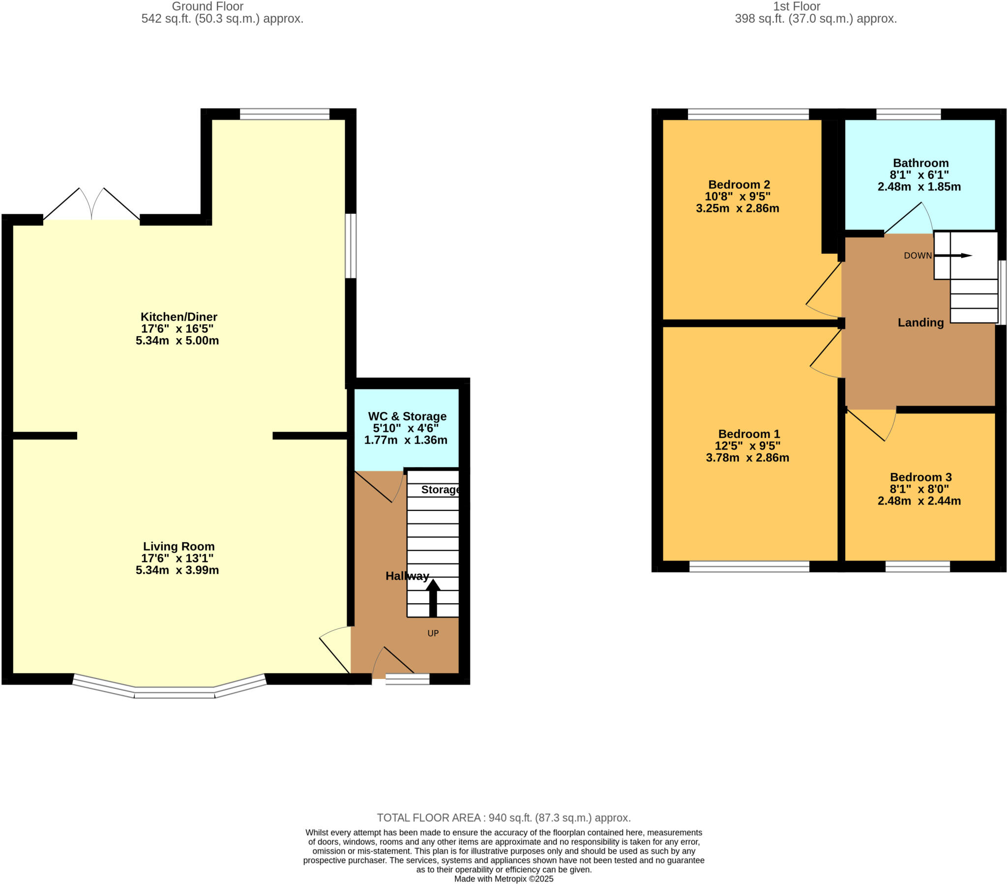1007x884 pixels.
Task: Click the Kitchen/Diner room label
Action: point(178,317)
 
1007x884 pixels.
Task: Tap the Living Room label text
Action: point(178,546)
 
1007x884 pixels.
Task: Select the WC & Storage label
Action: point(407,416)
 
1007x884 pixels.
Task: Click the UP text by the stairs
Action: point(433,634)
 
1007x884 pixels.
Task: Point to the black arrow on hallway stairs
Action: point(433,598)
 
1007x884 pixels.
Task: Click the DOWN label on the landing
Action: point(918,256)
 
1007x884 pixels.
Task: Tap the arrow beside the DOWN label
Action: point(953,256)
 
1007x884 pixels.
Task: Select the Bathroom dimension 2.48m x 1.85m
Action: point(919,187)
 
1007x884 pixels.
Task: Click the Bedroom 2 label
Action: point(739,185)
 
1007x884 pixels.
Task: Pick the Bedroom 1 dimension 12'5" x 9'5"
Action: point(747,446)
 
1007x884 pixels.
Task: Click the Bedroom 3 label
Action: point(920,477)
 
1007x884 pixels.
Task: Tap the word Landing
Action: point(920,323)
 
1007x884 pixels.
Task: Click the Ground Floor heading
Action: point(207,6)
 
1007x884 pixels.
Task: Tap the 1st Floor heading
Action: point(796,6)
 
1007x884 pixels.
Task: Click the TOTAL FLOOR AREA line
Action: point(503,818)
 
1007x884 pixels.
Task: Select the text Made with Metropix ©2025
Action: point(503,879)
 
